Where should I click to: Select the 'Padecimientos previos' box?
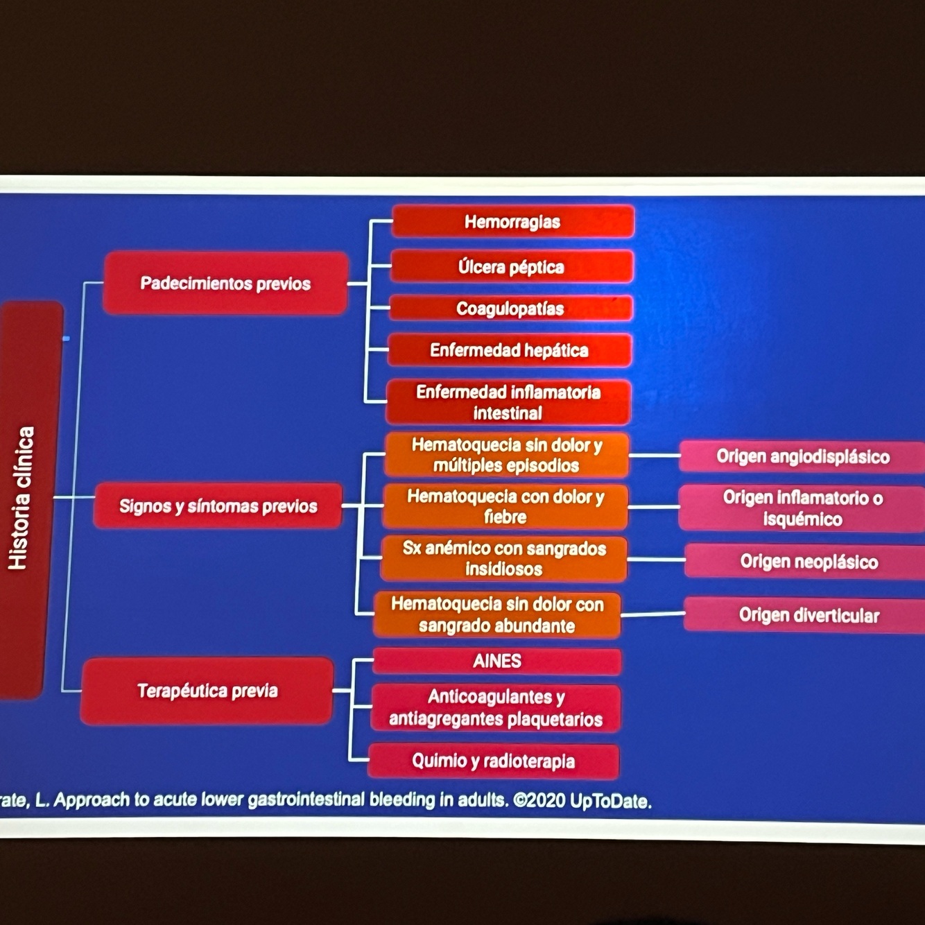225,283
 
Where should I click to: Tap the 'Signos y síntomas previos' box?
218,506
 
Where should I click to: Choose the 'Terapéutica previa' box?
207,691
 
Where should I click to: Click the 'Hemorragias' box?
512,222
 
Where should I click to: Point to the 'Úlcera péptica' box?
511,267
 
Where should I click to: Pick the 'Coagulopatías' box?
510,309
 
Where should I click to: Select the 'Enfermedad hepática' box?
509,350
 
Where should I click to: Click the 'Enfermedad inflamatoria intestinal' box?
508,402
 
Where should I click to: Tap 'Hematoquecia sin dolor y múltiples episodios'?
506,455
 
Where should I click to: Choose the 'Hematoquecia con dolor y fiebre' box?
505,506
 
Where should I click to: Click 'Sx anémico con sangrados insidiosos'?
504,558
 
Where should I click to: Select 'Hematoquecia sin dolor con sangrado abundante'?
497,614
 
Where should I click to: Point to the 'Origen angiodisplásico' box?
802,456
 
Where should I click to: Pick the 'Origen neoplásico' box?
808,561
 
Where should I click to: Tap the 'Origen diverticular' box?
808,615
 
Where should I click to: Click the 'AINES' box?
497,661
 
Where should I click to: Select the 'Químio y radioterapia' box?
493,761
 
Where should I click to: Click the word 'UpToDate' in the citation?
610,801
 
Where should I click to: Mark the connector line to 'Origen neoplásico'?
655,559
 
